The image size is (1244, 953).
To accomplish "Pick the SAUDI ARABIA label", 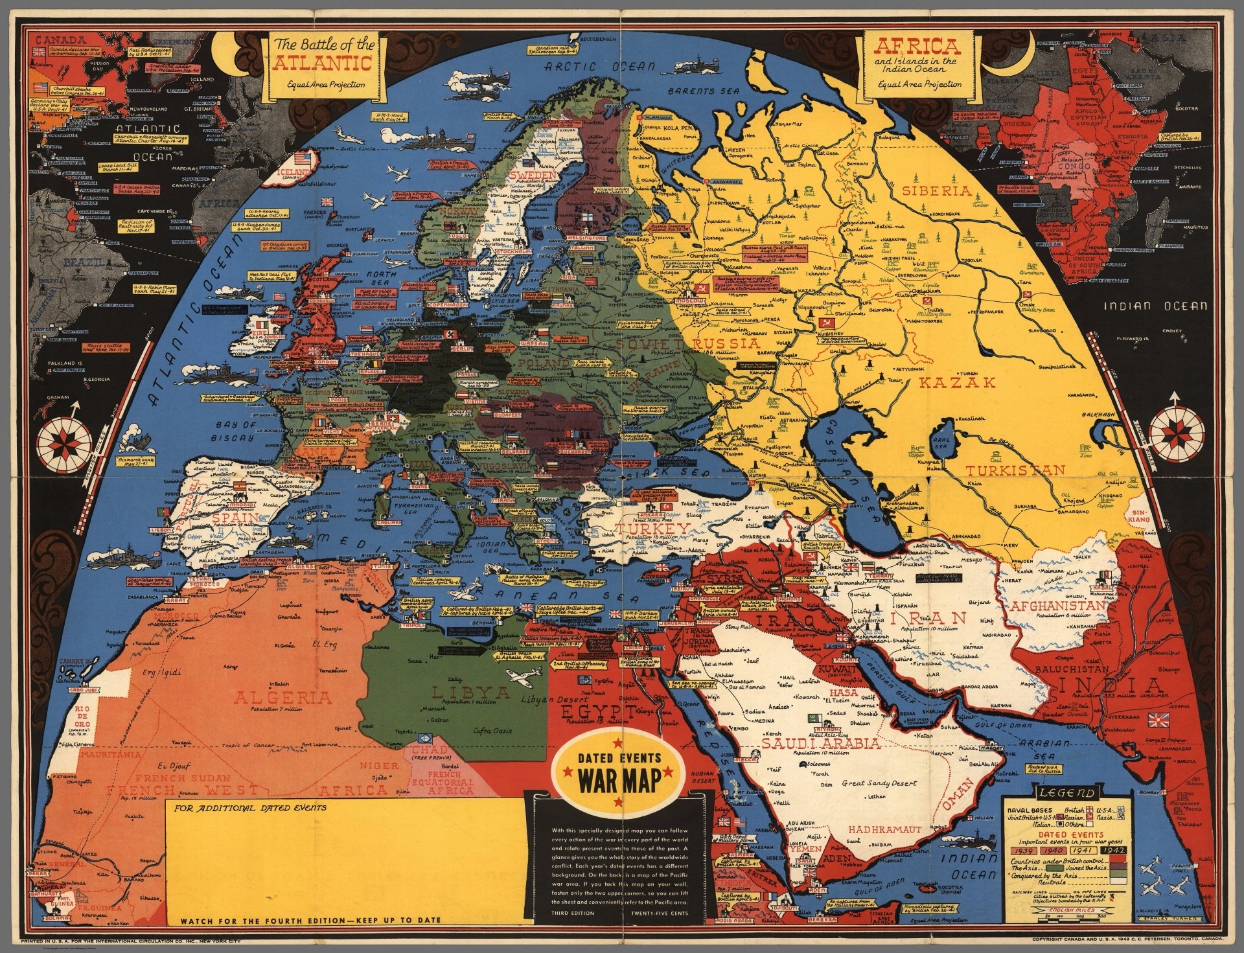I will click(x=821, y=743).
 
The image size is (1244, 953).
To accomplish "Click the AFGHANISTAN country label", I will click(x=1054, y=605).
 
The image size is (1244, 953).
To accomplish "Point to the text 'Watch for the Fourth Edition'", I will click(x=311, y=920).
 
